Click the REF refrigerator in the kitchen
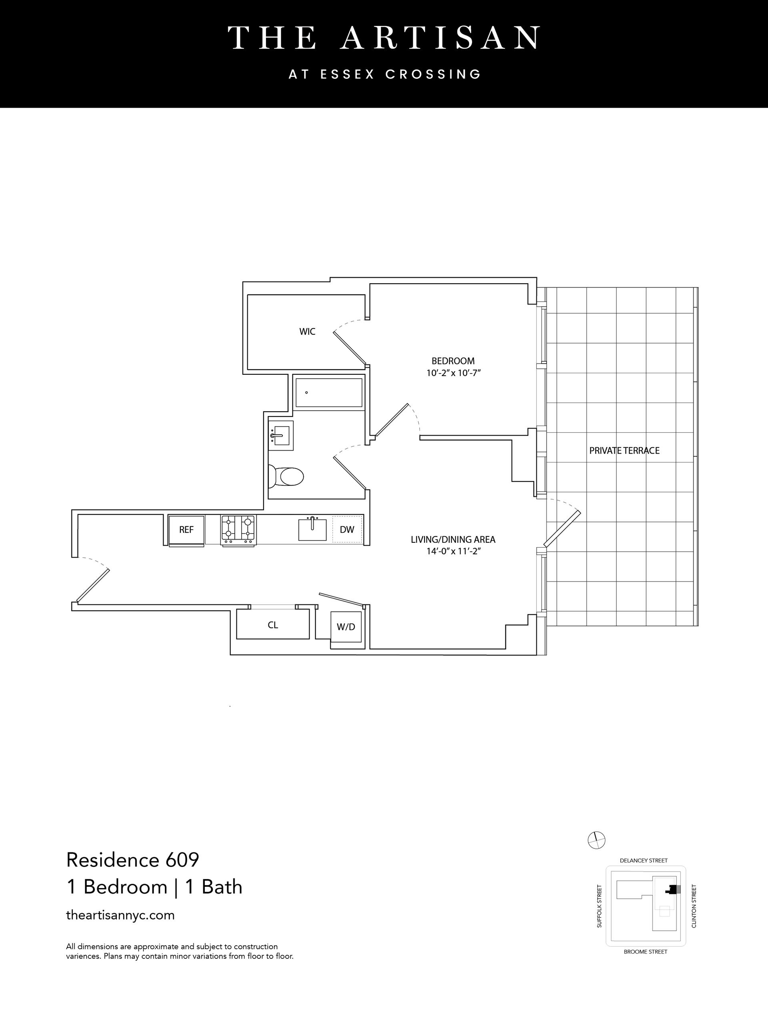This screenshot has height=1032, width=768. (x=186, y=530)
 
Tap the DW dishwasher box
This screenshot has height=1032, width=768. (x=347, y=529)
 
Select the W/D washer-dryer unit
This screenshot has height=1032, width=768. (x=346, y=627)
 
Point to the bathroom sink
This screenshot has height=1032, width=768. (x=281, y=436)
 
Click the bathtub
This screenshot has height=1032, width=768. (x=329, y=393)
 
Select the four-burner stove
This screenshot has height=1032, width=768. (x=238, y=530)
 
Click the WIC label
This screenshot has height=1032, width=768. (x=307, y=332)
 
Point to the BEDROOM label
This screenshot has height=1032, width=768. (x=453, y=361)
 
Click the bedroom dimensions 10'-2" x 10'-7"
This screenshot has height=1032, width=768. (x=453, y=373)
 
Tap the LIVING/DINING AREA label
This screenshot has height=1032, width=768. (x=453, y=540)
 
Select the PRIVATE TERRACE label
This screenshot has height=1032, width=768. (x=624, y=450)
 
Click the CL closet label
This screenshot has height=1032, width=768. (x=273, y=625)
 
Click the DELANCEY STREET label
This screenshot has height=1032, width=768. (x=644, y=860)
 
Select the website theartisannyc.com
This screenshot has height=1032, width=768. (x=120, y=915)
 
